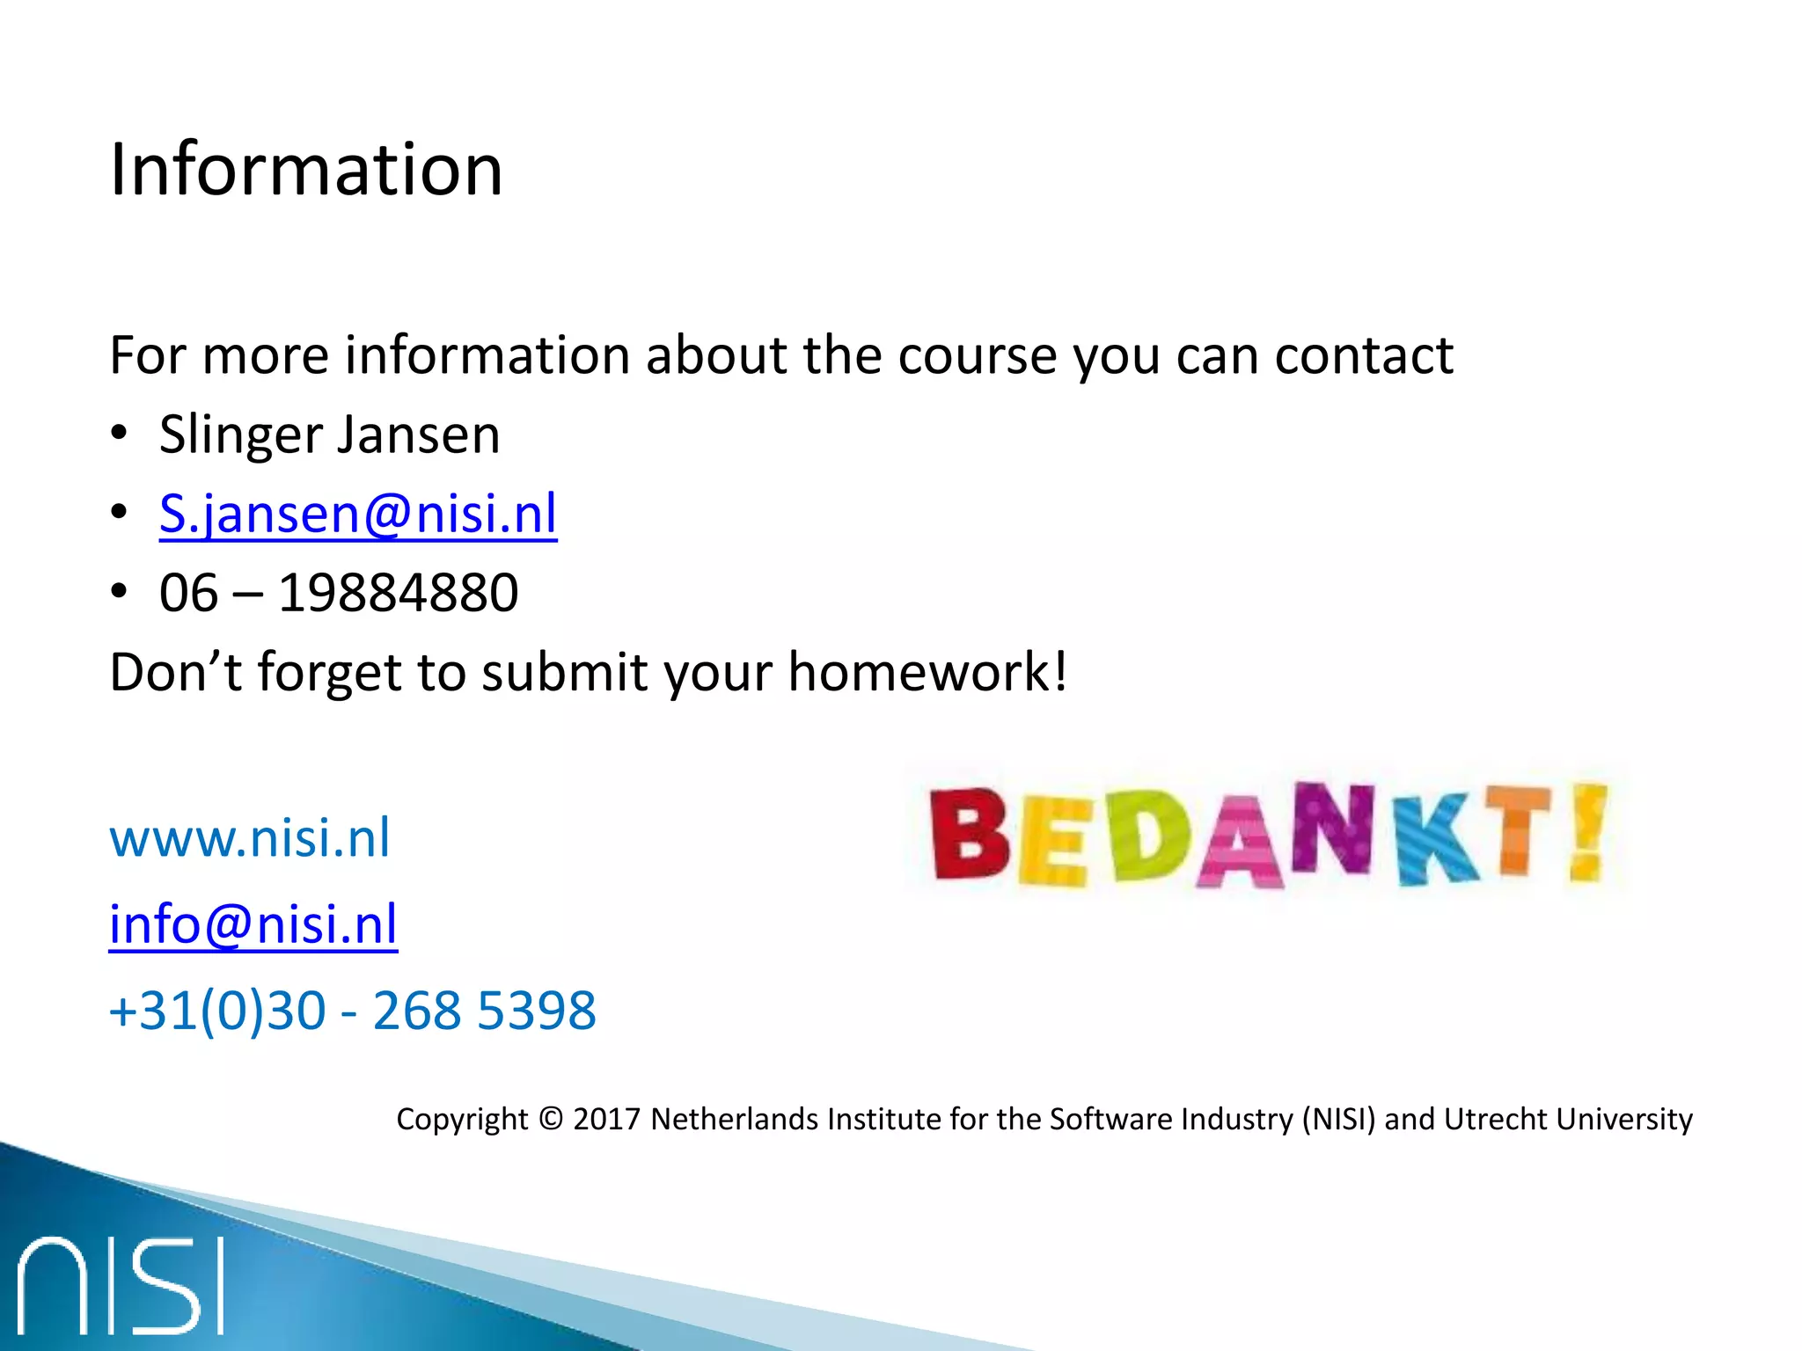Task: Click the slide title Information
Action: [305, 169]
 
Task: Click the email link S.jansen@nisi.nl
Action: [358, 514]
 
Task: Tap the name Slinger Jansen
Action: [329, 435]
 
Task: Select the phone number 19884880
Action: [398, 593]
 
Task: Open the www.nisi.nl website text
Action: [249, 837]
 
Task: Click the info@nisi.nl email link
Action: [253, 924]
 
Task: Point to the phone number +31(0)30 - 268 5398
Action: [352, 1010]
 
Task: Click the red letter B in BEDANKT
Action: [970, 834]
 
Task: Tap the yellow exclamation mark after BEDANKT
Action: [1588, 831]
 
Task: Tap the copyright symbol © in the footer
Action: [550, 1119]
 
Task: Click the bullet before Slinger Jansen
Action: [120, 435]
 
